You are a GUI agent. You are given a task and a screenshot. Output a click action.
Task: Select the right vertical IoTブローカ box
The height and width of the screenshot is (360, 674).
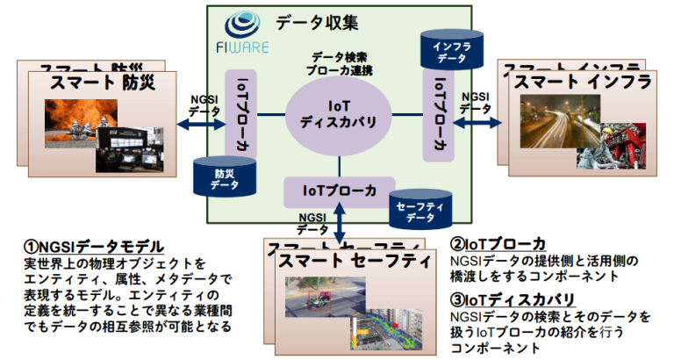click(439, 112)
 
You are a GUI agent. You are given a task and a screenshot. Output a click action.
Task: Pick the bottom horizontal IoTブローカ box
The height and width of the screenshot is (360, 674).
click(340, 189)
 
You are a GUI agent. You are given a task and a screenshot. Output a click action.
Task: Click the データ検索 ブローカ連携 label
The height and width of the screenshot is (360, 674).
click(340, 61)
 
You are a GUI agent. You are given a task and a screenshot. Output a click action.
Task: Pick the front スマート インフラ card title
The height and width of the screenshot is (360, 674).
click(583, 82)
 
